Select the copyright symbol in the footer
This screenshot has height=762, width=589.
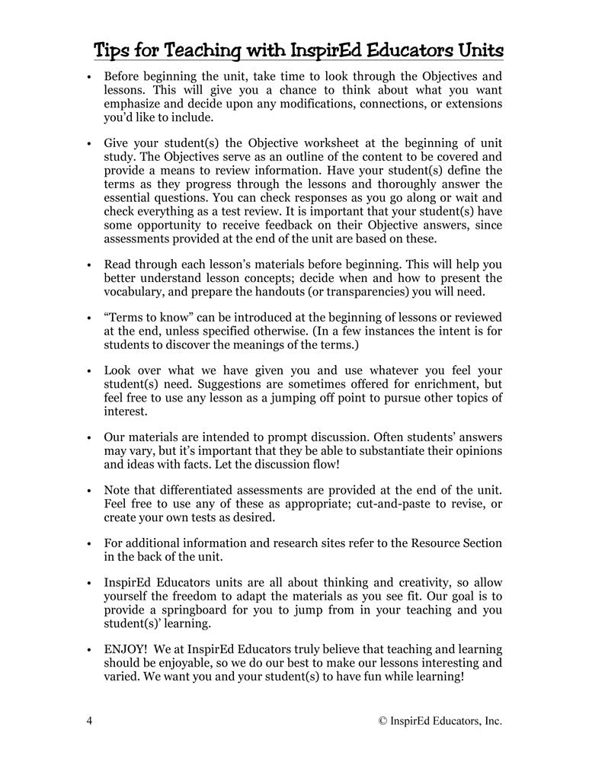coord(384,720)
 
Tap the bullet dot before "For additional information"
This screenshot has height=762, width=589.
coord(89,544)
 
